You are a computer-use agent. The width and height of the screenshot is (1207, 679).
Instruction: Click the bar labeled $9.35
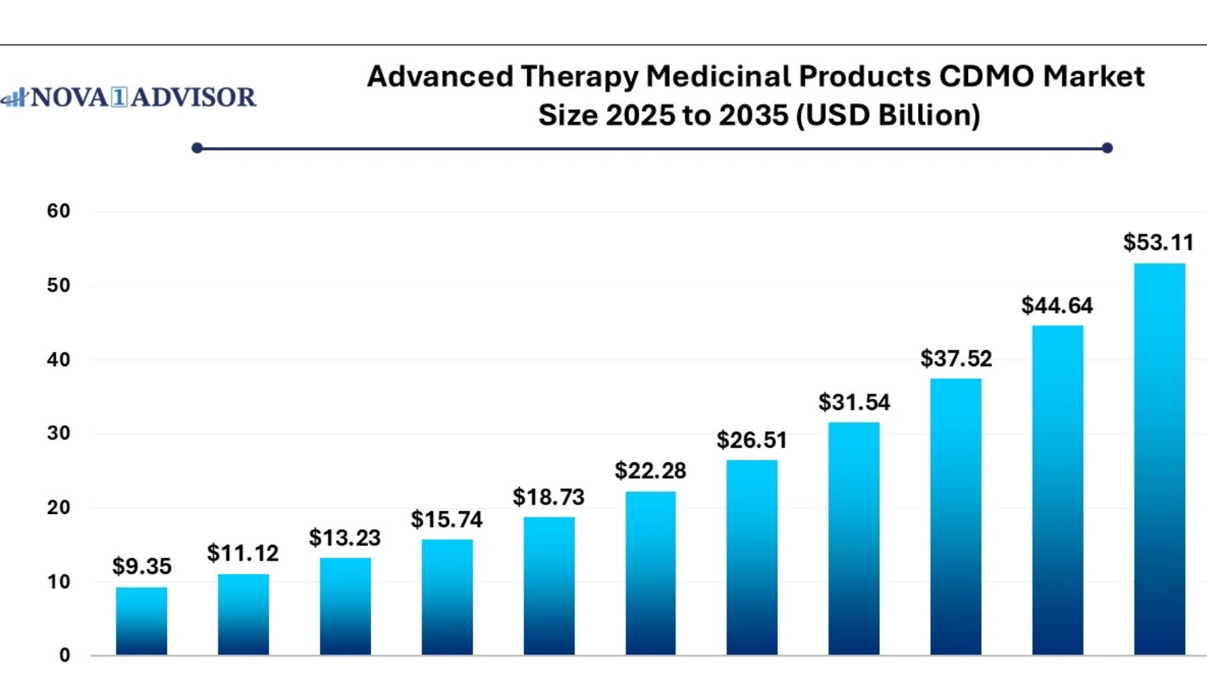click(x=141, y=621)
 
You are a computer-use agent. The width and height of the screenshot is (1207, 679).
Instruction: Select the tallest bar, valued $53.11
click(x=1159, y=459)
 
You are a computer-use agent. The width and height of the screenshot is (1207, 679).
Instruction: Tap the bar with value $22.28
click(x=650, y=573)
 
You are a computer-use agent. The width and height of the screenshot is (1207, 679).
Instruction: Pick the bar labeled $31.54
click(x=854, y=538)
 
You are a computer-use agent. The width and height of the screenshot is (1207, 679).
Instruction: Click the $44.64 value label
click(x=1057, y=305)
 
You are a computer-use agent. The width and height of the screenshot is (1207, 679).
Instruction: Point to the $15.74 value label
click(x=446, y=519)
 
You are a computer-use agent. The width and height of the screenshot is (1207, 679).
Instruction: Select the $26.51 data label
click(x=752, y=440)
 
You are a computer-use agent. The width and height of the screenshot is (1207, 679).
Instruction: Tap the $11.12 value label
click(x=243, y=553)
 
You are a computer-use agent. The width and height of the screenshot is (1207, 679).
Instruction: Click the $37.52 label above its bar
click(x=956, y=358)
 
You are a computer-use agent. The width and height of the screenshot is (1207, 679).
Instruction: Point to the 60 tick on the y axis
click(x=58, y=211)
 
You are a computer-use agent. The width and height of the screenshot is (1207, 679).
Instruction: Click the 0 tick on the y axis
click(x=65, y=655)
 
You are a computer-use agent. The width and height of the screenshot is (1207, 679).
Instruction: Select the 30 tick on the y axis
click(x=58, y=434)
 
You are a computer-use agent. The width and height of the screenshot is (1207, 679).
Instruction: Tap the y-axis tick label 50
click(x=58, y=285)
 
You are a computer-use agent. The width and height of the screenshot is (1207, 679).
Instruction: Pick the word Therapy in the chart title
click(x=578, y=77)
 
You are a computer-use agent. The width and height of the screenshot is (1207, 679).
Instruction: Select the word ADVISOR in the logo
click(x=193, y=98)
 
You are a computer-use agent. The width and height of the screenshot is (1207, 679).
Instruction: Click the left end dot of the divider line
click(x=197, y=148)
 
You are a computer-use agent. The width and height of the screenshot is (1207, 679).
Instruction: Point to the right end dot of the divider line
click(x=1107, y=148)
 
